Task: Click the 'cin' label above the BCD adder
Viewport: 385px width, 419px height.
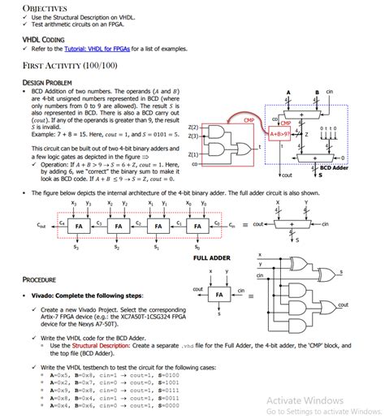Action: click(x=329, y=92)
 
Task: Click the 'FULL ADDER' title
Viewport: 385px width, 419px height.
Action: click(x=214, y=258)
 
